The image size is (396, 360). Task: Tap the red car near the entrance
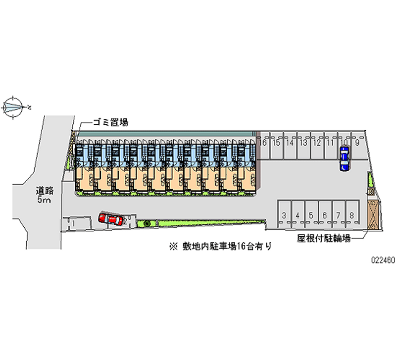click(x=112, y=218)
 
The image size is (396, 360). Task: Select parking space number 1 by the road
click(x=73, y=224)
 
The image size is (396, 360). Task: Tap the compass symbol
click(x=14, y=106)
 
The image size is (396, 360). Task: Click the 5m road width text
click(x=44, y=200)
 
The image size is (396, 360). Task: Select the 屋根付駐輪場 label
click(x=324, y=238)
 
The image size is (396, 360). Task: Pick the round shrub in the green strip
click(x=147, y=224)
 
